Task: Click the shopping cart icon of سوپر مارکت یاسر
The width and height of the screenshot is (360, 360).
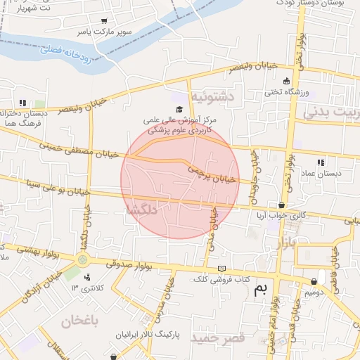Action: [x=105, y=21]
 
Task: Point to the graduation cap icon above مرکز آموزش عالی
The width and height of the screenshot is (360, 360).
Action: [x=179, y=109]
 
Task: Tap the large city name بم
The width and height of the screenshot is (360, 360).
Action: [x=262, y=288]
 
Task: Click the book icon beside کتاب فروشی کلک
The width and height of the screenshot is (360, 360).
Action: [x=222, y=269]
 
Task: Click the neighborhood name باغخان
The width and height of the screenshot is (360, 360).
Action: [x=77, y=322]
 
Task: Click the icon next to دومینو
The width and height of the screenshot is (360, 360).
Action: [x=314, y=282]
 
